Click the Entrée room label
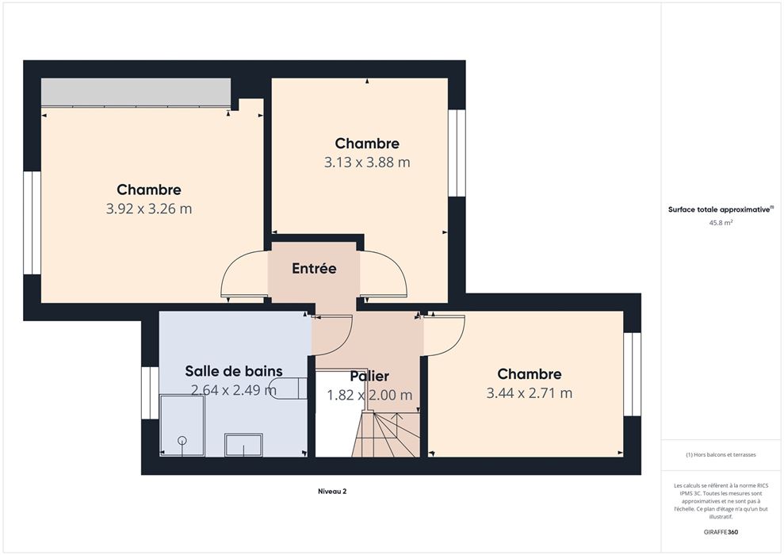coord(314,269)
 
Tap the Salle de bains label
coord(234,371)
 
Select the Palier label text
coord(369,376)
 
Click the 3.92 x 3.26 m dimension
coord(149,209)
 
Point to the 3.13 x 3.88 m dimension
coord(367,162)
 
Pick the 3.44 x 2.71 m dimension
coord(529,393)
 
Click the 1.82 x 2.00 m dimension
coord(369,395)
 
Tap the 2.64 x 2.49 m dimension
coord(234,390)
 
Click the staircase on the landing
coord(385,434)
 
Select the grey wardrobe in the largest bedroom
coord(136,92)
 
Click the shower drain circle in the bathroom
coord(182,441)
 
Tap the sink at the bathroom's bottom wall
coord(243,445)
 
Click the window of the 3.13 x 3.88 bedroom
coord(457,153)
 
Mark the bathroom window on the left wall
coord(150,393)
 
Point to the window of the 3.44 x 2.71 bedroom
coord(632,374)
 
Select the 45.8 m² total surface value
coord(721,223)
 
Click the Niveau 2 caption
coord(332,492)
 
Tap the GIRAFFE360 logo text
coord(721,532)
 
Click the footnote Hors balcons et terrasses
coord(721,455)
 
